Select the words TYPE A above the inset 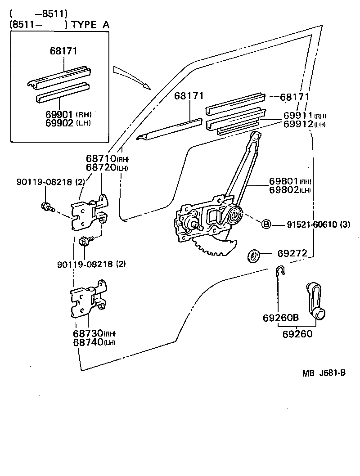tap(90, 25)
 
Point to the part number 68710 tap(100, 159)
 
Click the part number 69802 tap(284, 190)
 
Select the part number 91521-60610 tap(311, 225)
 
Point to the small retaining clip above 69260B tap(279, 272)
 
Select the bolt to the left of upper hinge tap(46, 207)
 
